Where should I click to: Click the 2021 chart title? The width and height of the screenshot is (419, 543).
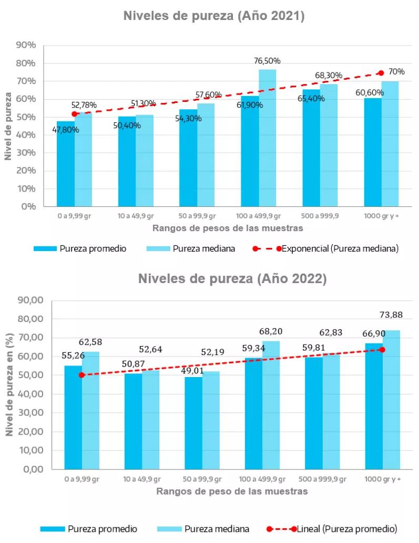(x=214, y=16)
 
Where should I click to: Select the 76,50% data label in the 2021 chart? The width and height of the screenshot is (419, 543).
(x=267, y=61)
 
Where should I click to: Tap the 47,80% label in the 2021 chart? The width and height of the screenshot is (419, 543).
(x=66, y=130)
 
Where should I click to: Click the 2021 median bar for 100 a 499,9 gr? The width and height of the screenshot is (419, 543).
(x=267, y=138)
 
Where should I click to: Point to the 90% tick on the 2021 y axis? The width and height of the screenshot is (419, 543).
(x=26, y=45)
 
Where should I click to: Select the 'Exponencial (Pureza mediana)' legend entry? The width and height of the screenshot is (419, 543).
(x=340, y=249)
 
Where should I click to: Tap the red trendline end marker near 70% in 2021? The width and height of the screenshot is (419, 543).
(x=381, y=73)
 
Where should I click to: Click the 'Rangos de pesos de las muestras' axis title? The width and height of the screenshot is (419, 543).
(x=228, y=228)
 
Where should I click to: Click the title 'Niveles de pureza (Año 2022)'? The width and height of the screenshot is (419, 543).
(x=232, y=279)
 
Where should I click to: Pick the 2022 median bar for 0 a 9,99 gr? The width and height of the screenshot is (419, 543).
(x=90, y=410)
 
